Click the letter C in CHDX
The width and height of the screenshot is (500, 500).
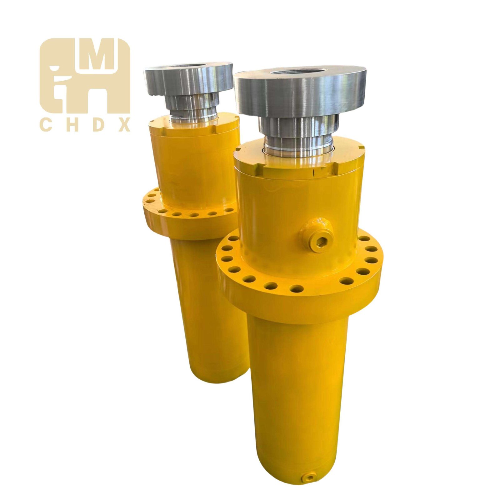click(45, 126)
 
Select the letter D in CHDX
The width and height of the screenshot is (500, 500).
click(97, 126)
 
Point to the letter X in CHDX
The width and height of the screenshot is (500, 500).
click(124, 126)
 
